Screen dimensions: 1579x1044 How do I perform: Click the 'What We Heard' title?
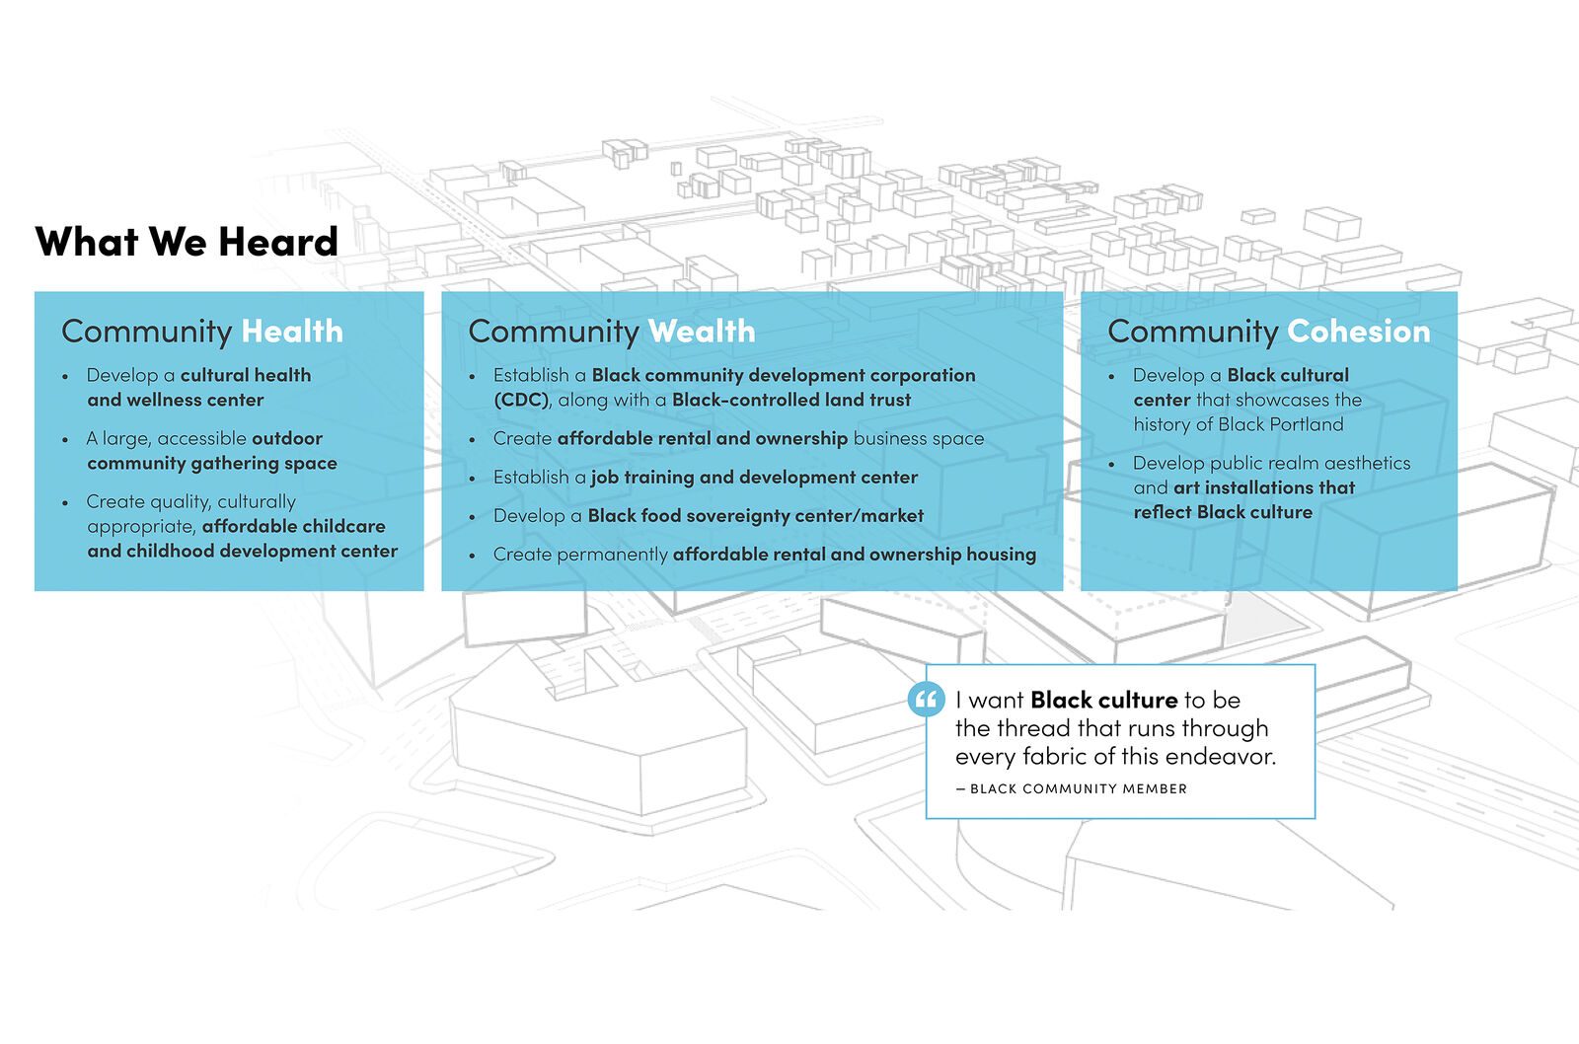187,242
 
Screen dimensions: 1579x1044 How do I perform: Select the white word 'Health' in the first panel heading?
292,332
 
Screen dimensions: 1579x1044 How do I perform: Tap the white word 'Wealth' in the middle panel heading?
702,332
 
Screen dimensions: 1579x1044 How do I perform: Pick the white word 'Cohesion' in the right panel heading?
1358,332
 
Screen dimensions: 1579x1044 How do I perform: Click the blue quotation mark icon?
927,700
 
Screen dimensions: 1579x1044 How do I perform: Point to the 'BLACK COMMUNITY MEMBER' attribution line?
1072,788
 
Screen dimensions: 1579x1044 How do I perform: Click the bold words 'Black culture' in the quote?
1104,700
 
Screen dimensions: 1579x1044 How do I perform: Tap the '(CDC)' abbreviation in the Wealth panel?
521,400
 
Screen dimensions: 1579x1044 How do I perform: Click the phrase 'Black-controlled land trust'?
790,400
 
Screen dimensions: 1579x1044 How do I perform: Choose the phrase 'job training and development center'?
754,478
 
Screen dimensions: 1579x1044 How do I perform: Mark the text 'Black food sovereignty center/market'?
756,516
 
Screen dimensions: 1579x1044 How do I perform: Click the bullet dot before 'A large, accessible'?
65,440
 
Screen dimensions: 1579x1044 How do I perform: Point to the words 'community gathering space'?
212,463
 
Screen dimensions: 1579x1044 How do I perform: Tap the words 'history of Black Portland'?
1239,424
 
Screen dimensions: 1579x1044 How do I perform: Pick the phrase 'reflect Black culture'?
1223,512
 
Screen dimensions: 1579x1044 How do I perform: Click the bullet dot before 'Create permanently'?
473,556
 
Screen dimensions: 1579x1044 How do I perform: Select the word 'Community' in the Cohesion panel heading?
1193,332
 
